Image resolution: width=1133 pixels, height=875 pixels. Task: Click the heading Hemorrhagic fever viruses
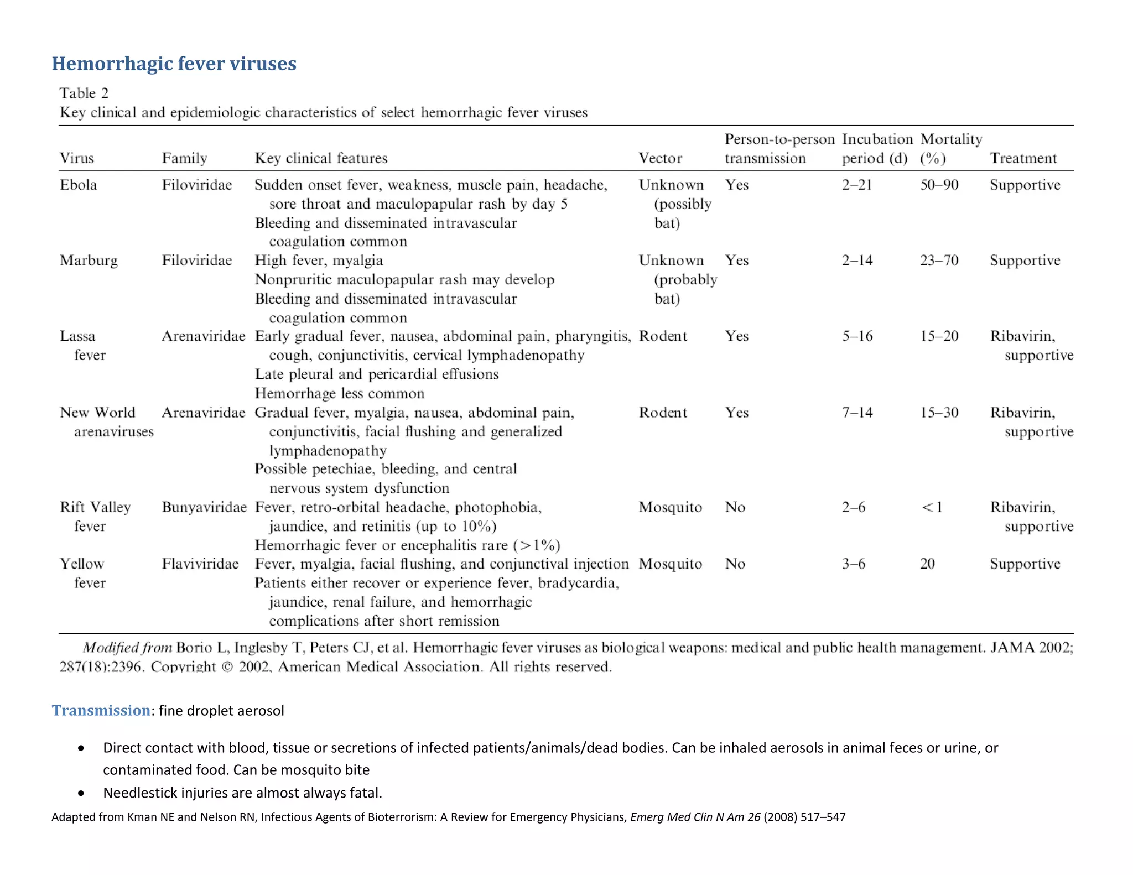point(174,64)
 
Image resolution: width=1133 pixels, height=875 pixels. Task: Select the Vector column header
point(660,159)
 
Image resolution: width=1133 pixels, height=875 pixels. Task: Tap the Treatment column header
point(1023,159)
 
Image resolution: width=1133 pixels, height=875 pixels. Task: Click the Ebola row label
point(78,185)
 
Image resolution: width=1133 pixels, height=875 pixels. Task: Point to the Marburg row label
point(89,261)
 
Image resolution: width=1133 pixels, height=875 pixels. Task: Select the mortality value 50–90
point(939,185)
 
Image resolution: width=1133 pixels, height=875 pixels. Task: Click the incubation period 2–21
point(856,185)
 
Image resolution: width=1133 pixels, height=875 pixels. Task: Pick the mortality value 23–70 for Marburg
point(939,261)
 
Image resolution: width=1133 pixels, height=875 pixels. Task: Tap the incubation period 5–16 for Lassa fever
point(857,336)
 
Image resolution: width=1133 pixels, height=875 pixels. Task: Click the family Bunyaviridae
point(204,507)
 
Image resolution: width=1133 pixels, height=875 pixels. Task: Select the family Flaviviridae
point(200,564)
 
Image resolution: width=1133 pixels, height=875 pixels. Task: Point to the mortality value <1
point(932,507)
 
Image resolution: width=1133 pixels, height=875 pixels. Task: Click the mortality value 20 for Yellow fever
point(927,564)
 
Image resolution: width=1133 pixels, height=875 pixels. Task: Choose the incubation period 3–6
point(853,564)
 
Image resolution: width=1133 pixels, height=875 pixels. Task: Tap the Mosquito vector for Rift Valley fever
point(670,507)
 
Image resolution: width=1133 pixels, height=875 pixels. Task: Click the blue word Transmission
point(101,710)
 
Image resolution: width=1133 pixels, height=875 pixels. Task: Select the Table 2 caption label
point(84,93)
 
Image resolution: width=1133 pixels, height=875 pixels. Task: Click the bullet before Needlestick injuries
point(81,793)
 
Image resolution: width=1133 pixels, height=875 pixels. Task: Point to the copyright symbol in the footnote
point(227,667)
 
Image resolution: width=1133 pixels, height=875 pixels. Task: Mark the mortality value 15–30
point(939,413)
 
